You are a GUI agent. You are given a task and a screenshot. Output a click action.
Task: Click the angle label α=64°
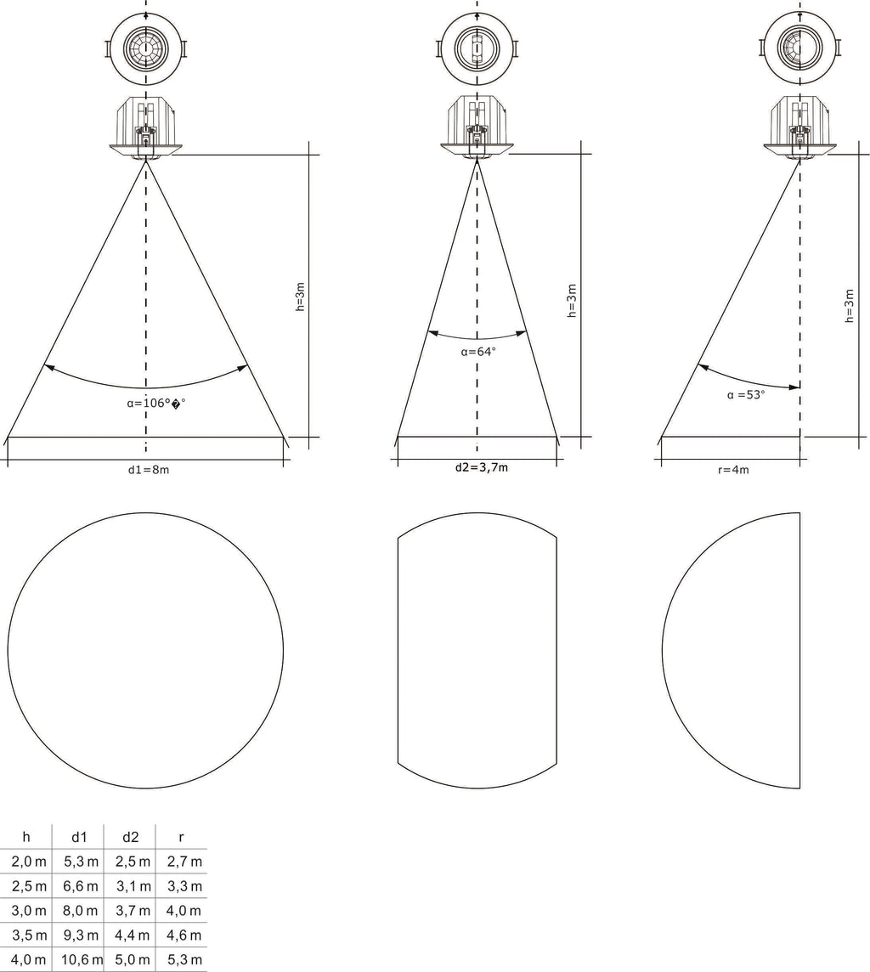(x=478, y=352)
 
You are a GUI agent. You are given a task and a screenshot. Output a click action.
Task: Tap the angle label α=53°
(x=746, y=395)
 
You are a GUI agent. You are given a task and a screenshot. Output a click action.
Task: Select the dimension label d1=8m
(x=149, y=470)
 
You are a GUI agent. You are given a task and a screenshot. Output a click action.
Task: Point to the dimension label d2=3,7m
(x=482, y=467)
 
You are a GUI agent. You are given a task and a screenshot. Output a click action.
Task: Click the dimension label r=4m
(x=734, y=470)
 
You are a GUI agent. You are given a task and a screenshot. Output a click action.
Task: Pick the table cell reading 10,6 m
(x=82, y=959)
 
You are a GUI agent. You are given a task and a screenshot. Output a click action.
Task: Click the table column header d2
(x=130, y=837)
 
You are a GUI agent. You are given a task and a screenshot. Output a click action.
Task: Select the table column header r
(x=181, y=838)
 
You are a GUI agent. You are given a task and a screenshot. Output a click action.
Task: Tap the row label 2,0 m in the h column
(x=29, y=862)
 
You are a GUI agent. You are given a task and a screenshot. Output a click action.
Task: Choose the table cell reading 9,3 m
(x=81, y=935)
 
